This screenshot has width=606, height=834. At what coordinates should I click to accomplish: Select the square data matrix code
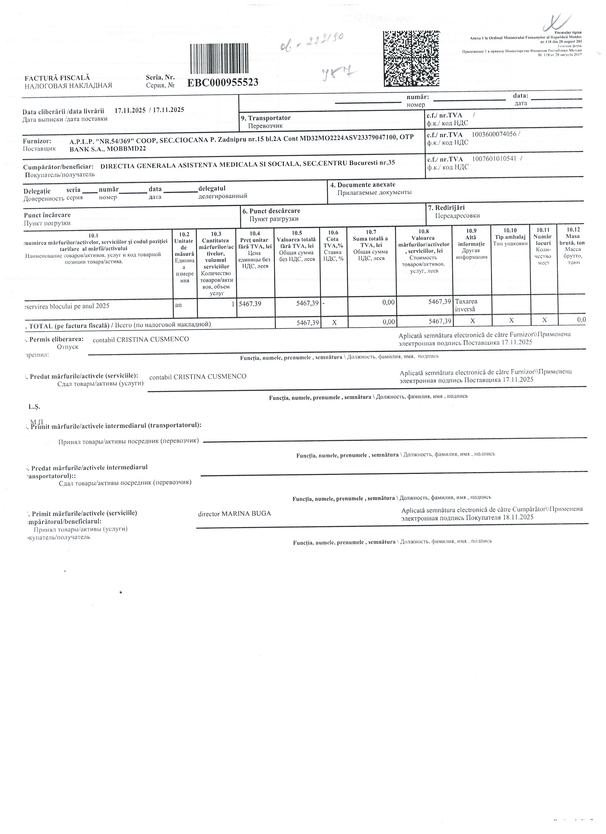click(412, 58)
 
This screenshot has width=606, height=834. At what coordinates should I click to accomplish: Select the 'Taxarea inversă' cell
click(467, 305)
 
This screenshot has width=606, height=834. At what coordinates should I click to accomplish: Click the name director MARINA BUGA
click(235, 514)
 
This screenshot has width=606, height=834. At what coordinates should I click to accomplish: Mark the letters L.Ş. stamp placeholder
click(34, 407)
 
